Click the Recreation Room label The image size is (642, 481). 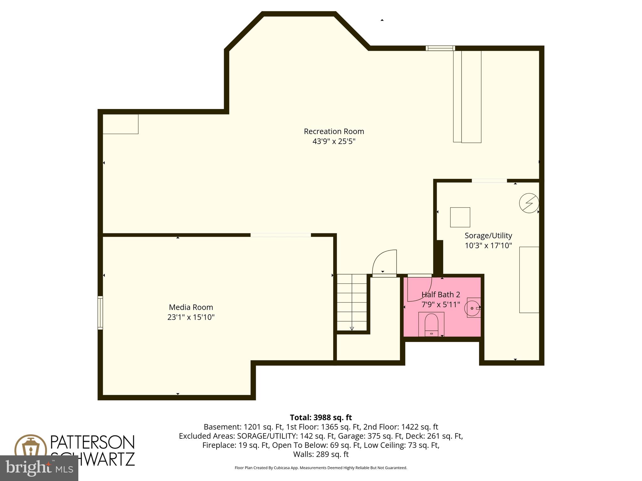pos(334,131)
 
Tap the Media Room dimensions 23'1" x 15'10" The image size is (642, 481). pos(191,317)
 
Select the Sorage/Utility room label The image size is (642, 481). pos(488,235)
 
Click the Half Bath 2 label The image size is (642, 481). pos(440,294)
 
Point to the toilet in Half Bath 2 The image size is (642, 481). pos(431,324)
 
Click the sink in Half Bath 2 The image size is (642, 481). pos(473,308)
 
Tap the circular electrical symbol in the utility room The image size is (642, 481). pos(529,203)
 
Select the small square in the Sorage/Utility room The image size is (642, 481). pos(460,217)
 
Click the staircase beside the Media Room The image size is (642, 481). pos(352,302)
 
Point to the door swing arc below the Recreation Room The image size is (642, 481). pos(385,262)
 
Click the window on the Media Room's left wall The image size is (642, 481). pos(100,313)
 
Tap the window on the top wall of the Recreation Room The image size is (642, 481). pos(440,48)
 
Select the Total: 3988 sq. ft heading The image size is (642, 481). pos(321,417)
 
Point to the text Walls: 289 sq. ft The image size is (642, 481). pos(321,454)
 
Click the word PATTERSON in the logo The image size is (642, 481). pos(92,442)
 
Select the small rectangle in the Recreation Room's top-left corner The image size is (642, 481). pos(120,124)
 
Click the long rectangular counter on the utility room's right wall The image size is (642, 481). pos(529,280)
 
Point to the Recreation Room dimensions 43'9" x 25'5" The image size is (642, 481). pos(334,141)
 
